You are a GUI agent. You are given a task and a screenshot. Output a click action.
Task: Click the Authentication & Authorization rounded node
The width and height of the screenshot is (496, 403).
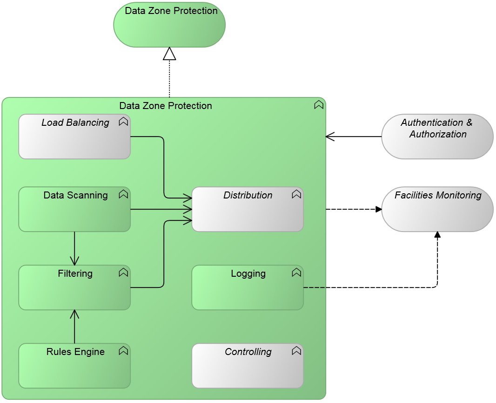click(437, 137)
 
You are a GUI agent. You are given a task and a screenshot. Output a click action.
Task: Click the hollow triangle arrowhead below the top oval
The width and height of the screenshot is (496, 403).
click(169, 54)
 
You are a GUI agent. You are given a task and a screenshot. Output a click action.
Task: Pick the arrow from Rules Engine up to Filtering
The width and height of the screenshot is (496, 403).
click(74, 327)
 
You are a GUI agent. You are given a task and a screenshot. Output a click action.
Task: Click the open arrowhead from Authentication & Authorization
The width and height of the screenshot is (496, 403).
click(330, 137)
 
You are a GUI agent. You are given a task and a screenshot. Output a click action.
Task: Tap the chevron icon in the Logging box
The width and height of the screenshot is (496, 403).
click(296, 273)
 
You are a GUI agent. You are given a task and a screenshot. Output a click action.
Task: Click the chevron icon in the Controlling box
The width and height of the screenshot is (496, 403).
click(296, 351)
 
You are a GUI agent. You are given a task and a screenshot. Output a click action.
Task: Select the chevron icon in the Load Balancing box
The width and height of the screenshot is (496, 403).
click(123, 122)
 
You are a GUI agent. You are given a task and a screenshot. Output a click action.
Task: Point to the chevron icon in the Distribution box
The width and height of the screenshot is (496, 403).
click(296, 194)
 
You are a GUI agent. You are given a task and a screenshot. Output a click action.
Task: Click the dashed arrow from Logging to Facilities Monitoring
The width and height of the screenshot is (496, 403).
click(372, 287)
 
